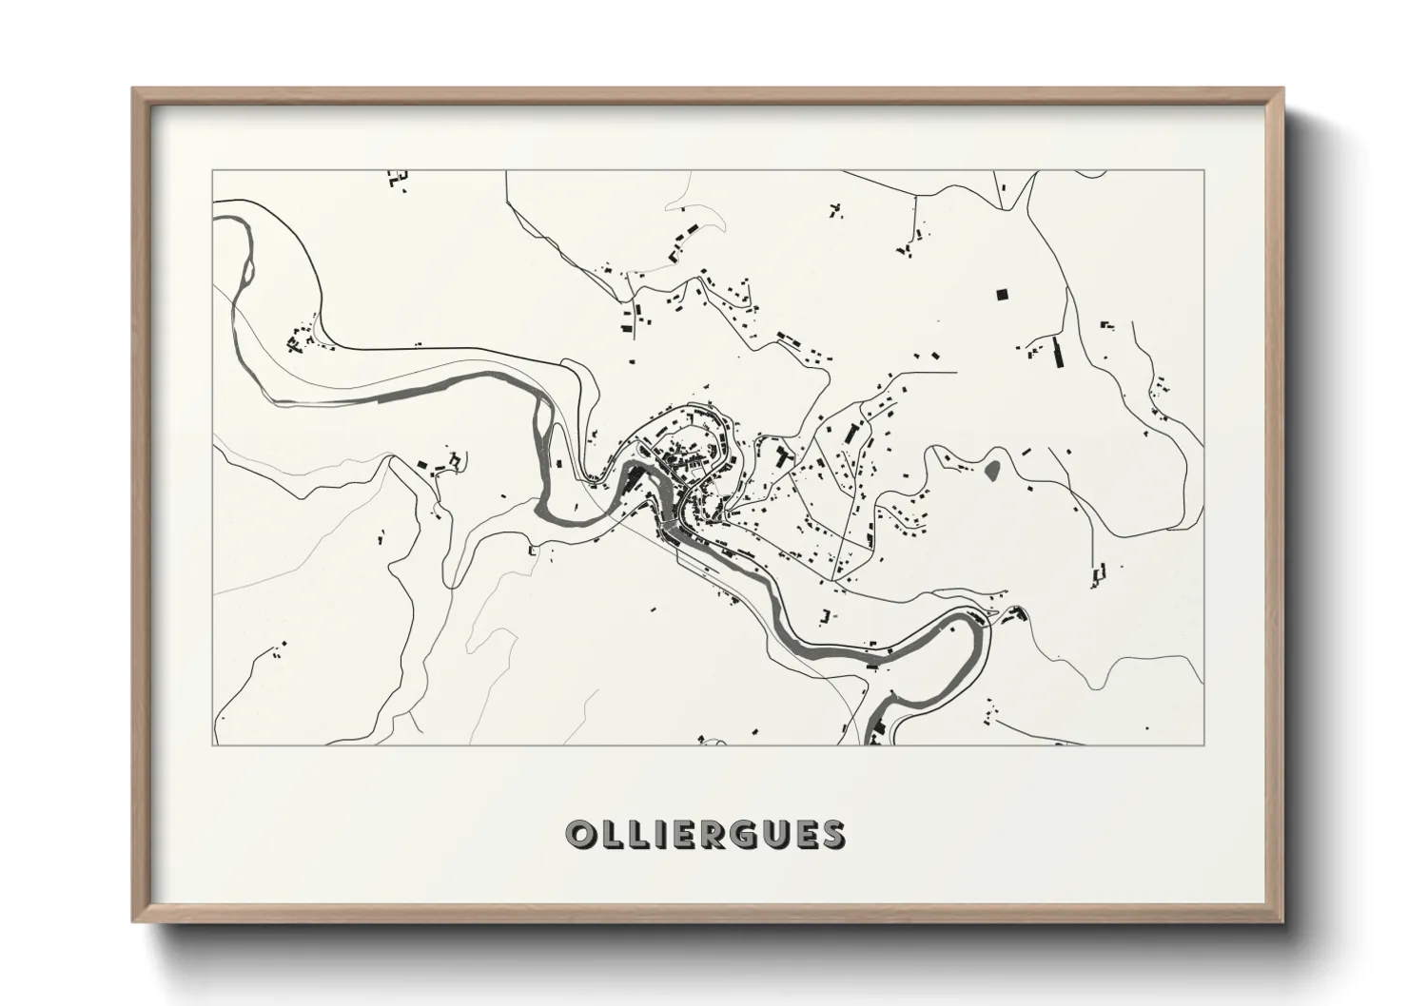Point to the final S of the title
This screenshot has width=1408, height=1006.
(x=831, y=834)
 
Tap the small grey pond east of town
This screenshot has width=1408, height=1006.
(x=993, y=468)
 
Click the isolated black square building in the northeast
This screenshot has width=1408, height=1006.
(x=1001, y=295)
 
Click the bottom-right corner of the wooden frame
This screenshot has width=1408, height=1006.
(x=1281, y=921)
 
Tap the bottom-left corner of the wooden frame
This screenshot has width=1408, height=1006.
(x=134, y=921)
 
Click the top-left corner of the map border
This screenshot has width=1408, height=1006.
(x=213, y=171)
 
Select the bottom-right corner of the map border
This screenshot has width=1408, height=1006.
(x=1203, y=745)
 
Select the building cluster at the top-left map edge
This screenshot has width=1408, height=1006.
(x=398, y=177)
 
